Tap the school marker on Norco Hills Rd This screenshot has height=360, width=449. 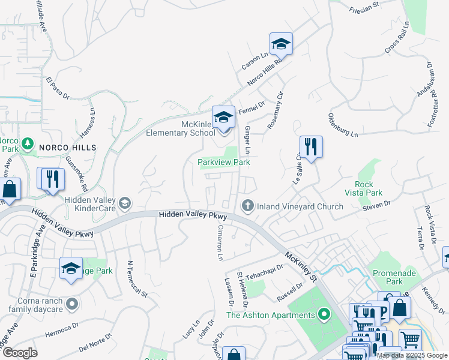coord(280,44)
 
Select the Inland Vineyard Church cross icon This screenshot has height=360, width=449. coord(247,206)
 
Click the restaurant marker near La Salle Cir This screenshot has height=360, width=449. coord(311,147)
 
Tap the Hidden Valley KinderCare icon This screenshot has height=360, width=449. coord(125,203)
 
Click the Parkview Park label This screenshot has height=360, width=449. coord(224,162)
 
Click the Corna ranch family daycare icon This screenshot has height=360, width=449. coord(72,303)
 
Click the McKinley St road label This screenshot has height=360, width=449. coord(301,268)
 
